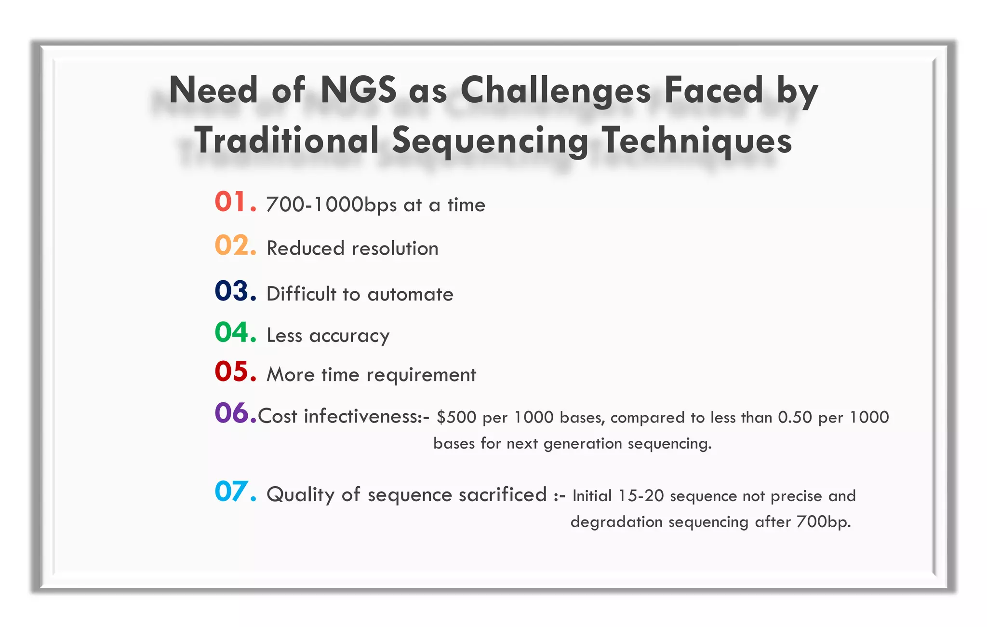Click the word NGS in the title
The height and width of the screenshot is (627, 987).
tap(358, 90)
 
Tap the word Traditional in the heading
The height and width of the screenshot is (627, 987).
tap(287, 140)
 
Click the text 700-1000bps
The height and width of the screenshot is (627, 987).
tap(331, 205)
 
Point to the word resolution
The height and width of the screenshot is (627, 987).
tap(395, 249)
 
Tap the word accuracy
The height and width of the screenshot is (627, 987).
tap(349, 336)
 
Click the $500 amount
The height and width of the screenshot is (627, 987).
tap(456, 417)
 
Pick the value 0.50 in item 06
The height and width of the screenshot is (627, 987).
tap(795, 417)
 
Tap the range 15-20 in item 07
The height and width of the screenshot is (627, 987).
tap(640, 496)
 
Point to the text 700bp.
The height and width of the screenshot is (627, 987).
tap(823, 522)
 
